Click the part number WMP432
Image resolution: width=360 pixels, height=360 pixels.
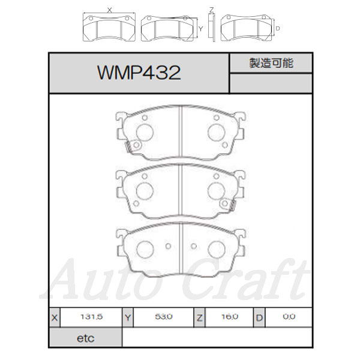click(139, 73)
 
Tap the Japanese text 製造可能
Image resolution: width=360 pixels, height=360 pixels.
click(271, 63)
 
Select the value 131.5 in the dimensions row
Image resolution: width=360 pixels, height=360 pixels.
click(91, 317)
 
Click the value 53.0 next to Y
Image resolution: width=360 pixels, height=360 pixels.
click(163, 317)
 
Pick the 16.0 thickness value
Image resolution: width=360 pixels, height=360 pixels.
click(230, 317)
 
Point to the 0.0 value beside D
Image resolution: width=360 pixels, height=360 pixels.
click(289, 317)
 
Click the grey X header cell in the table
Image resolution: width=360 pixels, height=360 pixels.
click(55, 317)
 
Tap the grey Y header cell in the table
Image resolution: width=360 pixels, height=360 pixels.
click(128, 317)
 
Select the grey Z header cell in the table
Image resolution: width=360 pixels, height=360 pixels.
click(200, 317)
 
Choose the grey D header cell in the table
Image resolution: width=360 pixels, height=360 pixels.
click(259, 317)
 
